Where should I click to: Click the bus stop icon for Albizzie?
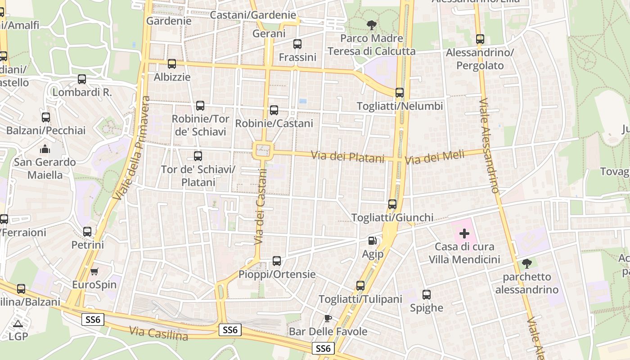tap(171, 64)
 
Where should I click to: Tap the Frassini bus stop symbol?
tap(297, 44)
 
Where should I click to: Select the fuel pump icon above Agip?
tap(372, 241)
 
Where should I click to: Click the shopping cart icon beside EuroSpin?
tap(94, 271)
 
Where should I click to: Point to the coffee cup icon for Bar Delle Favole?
tap(328, 318)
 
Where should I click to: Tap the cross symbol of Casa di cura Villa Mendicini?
tap(464, 234)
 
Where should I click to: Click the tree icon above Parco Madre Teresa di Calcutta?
tap(371, 25)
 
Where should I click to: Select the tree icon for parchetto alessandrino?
tap(526, 264)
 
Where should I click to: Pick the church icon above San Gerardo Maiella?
tap(45, 148)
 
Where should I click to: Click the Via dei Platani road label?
tap(348, 157)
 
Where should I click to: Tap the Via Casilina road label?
tap(158, 333)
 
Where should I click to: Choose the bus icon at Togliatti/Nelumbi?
tap(399, 93)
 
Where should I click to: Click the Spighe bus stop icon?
tap(426, 295)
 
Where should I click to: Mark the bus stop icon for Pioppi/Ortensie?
tap(277, 261)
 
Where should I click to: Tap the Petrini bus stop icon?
tap(87, 232)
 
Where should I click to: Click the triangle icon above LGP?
tap(18, 324)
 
